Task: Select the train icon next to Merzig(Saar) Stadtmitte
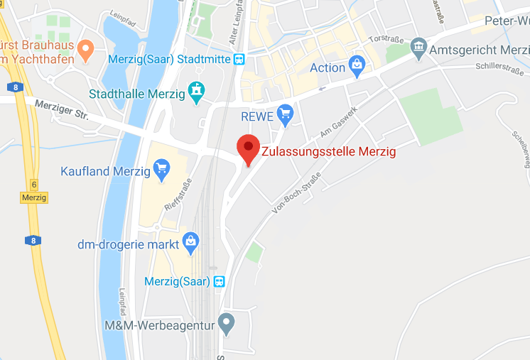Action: (240, 59)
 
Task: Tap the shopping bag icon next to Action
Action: (356, 67)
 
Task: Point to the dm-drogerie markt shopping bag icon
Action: (190, 243)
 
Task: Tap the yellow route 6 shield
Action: (33, 185)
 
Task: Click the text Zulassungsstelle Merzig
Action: (329, 151)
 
